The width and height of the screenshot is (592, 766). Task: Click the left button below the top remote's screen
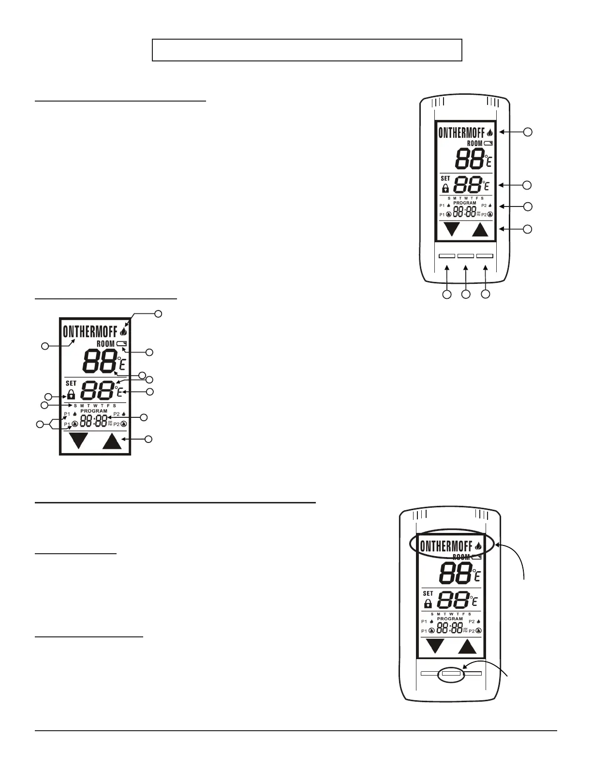[x=446, y=255]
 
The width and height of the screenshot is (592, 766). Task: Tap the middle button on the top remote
[x=465, y=255]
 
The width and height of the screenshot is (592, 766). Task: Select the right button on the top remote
[x=485, y=255]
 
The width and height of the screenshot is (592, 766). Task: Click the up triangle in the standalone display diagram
[x=112, y=442]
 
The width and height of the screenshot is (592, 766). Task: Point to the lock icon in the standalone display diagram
[x=71, y=394]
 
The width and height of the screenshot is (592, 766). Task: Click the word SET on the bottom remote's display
[x=428, y=593]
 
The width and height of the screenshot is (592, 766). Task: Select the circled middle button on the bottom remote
[x=451, y=672]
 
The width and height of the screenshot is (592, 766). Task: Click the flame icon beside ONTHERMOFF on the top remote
[x=490, y=132]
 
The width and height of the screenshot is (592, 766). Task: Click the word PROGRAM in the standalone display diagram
[x=94, y=411]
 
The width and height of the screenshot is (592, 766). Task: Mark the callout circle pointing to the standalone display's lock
[x=48, y=397]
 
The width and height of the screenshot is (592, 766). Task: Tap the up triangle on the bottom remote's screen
[x=467, y=647]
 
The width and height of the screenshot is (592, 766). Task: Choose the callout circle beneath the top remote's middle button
[x=466, y=294]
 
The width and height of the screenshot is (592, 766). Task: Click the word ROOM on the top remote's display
[x=474, y=144]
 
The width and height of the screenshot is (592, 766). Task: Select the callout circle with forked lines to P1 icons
[x=40, y=425]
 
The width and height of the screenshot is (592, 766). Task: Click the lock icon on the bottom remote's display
[x=428, y=604]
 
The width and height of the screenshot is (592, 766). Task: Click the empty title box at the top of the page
[x=307, y=50]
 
